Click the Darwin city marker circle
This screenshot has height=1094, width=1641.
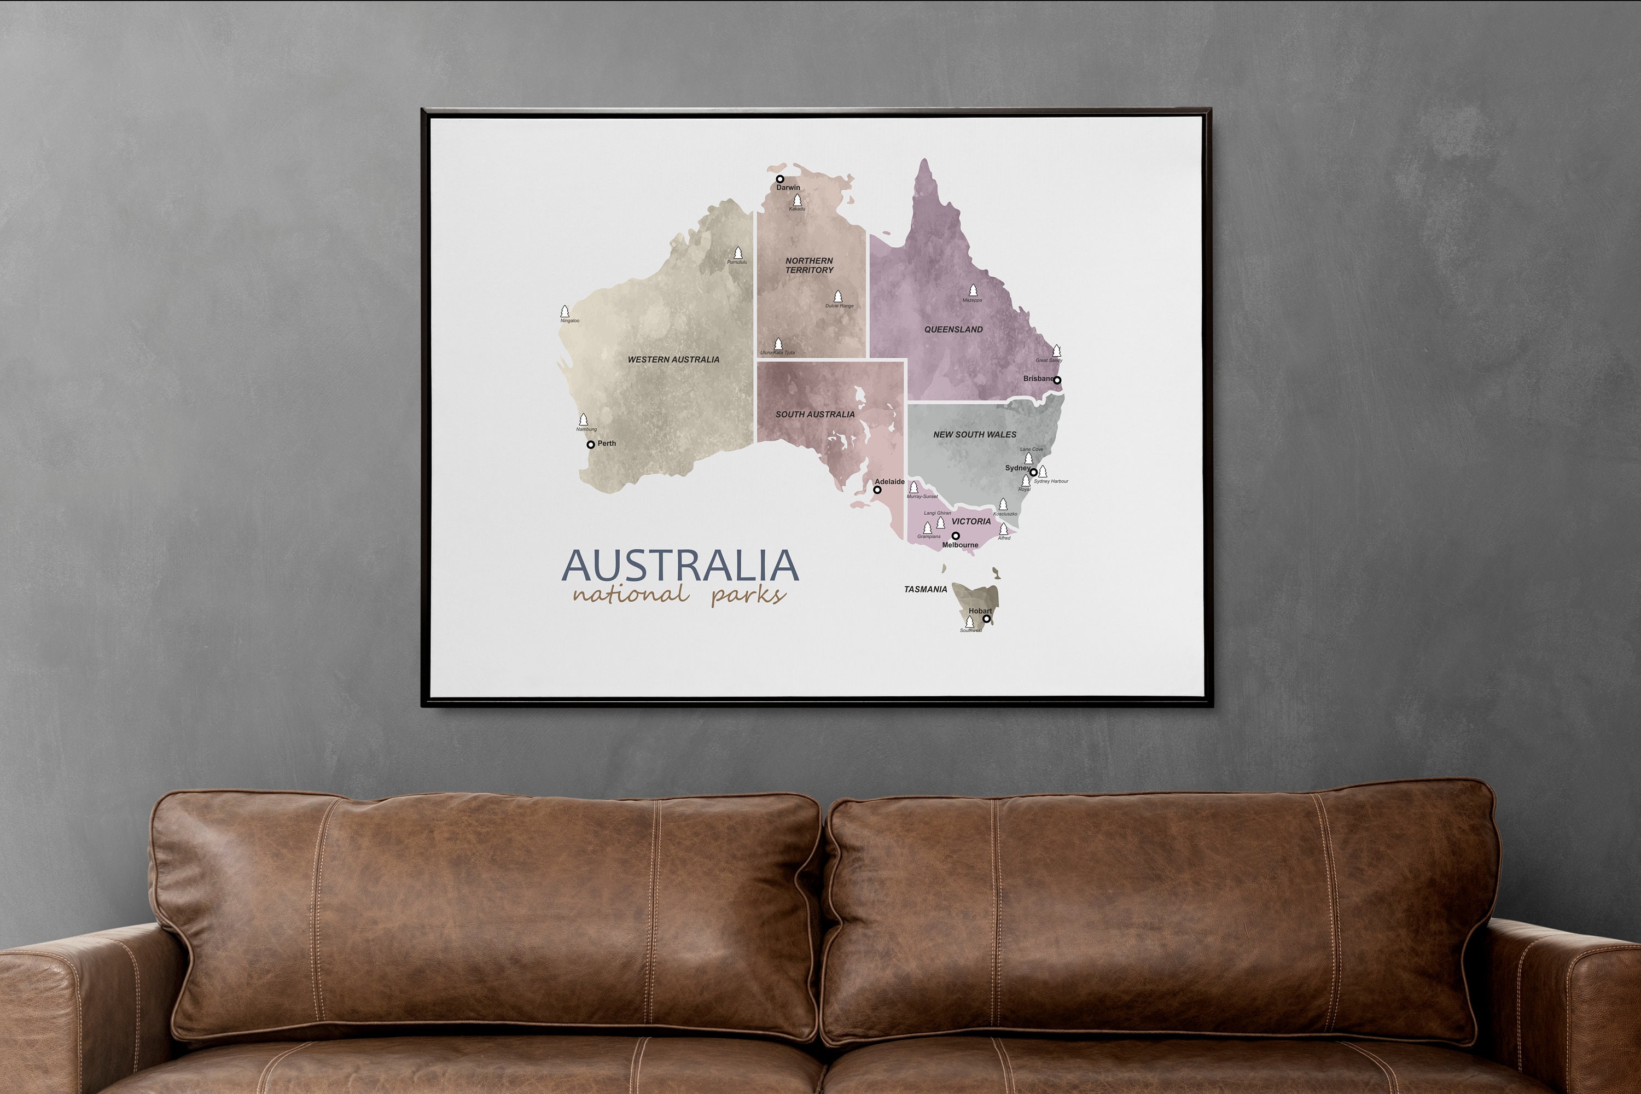point(780,179)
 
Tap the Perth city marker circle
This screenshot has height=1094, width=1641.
point(590,444)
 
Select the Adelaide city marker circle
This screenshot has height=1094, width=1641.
point(877,490)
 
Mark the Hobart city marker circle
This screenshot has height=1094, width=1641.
point(986,619)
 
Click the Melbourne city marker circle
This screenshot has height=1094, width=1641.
point(955,536)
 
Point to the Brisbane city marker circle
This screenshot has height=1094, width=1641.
point(1057,380)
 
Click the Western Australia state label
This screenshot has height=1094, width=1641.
point(673,359)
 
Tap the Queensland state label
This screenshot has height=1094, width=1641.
point(953,329)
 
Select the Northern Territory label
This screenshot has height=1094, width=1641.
point(810,265)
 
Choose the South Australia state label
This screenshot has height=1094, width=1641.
point(815,415)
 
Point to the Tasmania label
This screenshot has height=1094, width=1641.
point(925,590)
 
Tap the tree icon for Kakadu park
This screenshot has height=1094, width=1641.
point(797,200)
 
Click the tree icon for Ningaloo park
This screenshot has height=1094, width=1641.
point(565,311)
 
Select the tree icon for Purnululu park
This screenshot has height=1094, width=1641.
point(738,253)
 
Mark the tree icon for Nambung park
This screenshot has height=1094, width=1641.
point(583,420)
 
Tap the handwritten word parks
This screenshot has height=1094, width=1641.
point(749,595)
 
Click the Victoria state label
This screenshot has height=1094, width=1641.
point(970,521)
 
